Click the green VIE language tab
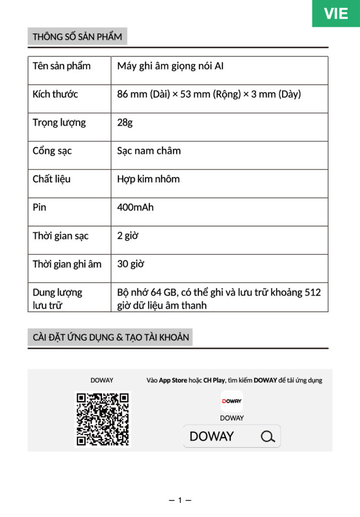click(336, 14)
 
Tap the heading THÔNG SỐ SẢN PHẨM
click(77, 37)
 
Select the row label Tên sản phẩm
click(62, 66)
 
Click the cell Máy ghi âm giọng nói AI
click(170, 66)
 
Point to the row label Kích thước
click(55, 94)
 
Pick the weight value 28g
click(125, 123)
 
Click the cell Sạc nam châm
click(148, 151)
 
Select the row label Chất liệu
click(52, 179)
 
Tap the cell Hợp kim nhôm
click(148, 179)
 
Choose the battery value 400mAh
click(135, 208)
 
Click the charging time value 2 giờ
click(128, 236)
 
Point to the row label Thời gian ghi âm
click(67, 264)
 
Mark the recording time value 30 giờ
click(130, 264)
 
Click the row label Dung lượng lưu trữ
click(57, 298)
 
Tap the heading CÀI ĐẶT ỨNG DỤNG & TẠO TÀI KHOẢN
click(111, 337)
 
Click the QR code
click(102, 419)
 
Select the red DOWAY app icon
click(232, 401)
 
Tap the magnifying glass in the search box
click(268, 436)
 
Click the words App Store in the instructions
click(173, 380)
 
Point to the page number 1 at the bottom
click(180, 500)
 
